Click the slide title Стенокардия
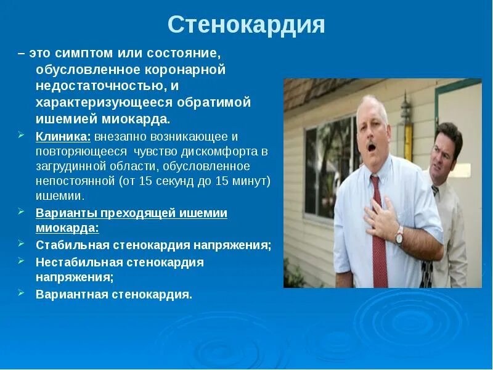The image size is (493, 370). [x=246, y=25]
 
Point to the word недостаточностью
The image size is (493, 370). [x=99, y=86]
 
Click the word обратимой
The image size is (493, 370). [x=216, y=102]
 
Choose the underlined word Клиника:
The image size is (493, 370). [x=63, y=136]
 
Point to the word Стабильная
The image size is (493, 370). [x=71, y=245]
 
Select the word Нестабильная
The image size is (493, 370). [x=78, y=261]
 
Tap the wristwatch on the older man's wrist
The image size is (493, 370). [x=399, y=234]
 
